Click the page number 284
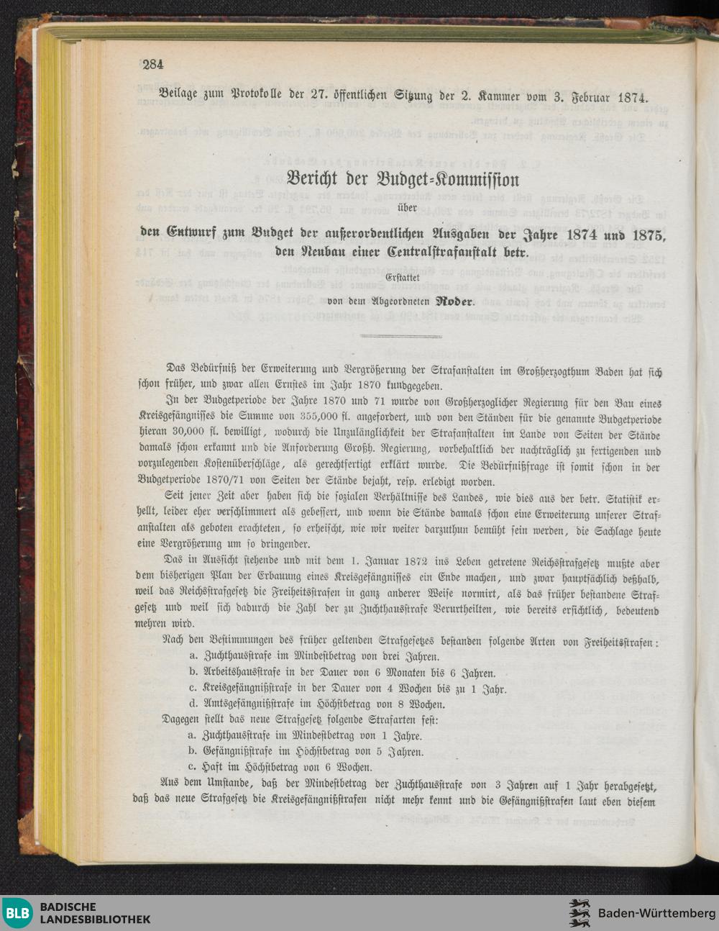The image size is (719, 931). click(153, 65)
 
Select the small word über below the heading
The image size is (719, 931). click(401, 208)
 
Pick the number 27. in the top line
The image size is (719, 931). click(323, 95)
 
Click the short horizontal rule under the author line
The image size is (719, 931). click(401, 336)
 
